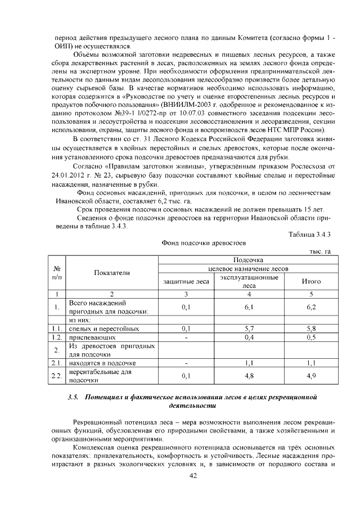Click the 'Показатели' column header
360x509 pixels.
click(111, 272)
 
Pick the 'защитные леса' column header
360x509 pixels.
click(186, 281)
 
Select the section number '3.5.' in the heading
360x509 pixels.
click(73, 397)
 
